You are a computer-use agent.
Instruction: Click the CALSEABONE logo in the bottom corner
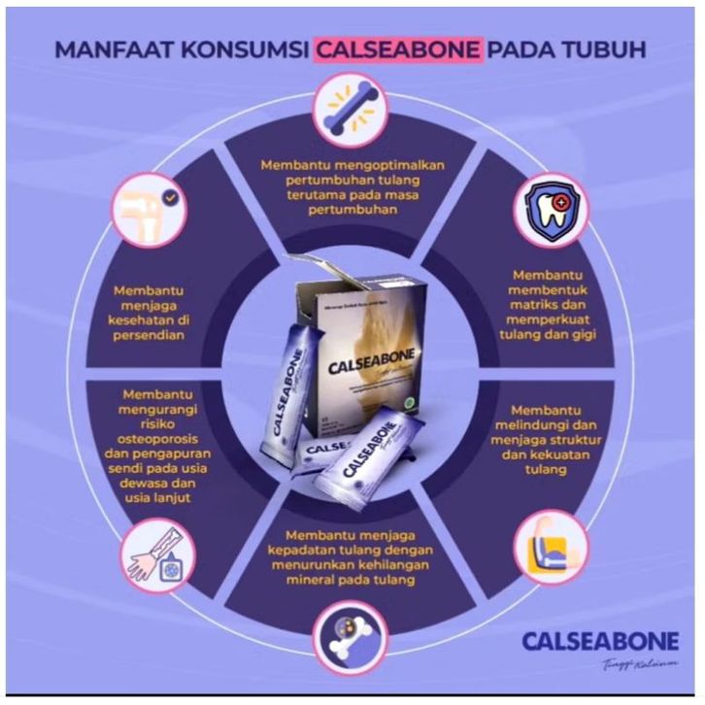599,642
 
